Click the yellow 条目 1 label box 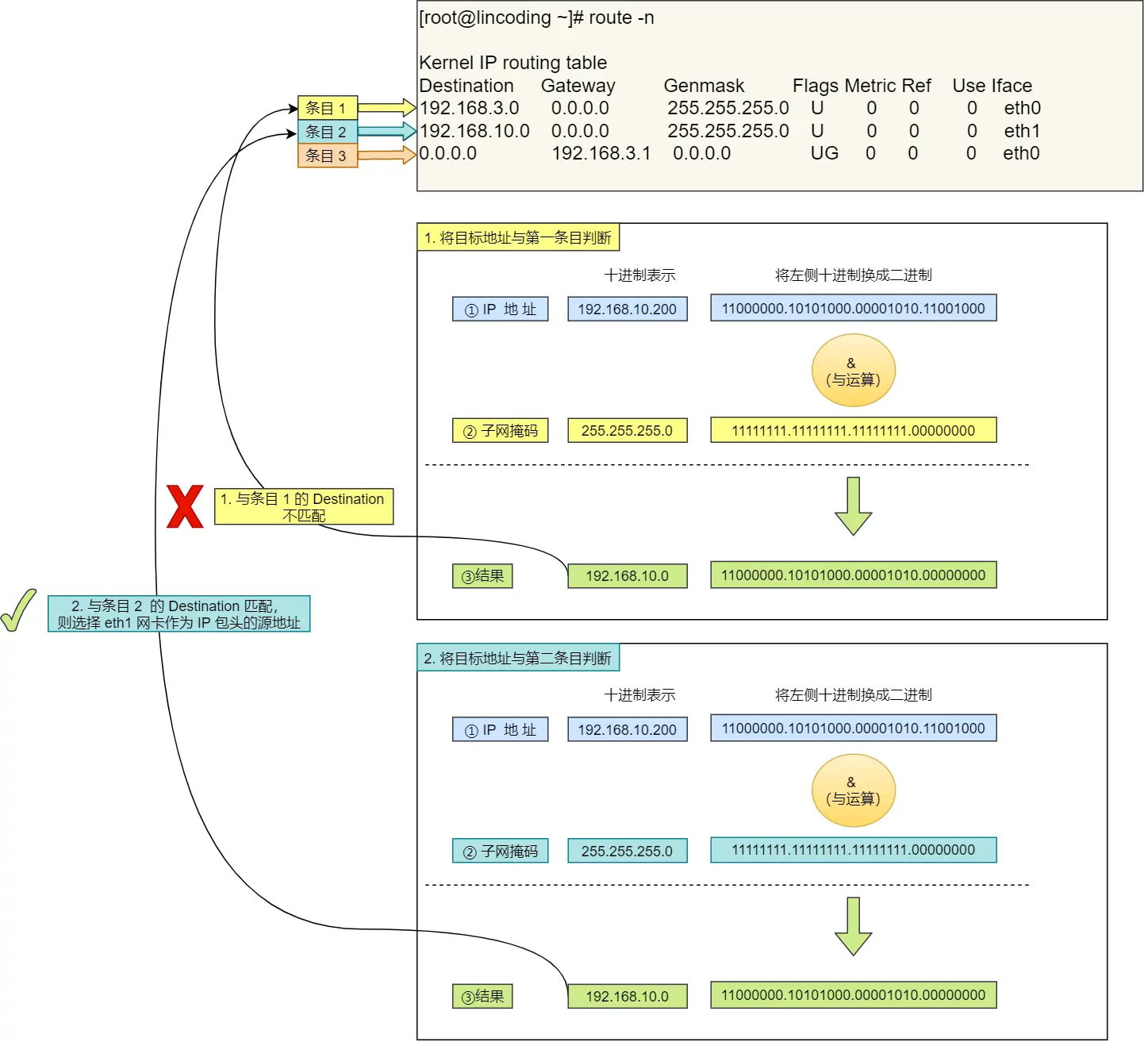click(x=327, y=108)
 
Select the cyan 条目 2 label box click(x=327, y=132)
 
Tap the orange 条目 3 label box click(x=327, y=156)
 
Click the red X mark click(x=185, y=507)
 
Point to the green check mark click(x=18, y=610)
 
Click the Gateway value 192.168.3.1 click(x=601, y=153)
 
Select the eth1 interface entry click(x=1022, y=131)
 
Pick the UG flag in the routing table click(x=824, y=153)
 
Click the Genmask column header click(x=704, y=86)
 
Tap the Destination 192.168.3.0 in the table click(x=469, y=108)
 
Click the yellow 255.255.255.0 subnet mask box click(x=627, y=431)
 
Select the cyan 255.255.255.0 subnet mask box click(x=627, y=851)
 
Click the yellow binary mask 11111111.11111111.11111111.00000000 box click(x=853, y=431)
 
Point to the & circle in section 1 click(x=853, y=371)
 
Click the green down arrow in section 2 click(x=853, y=926)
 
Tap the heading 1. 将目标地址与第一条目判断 click(x=517, y=237)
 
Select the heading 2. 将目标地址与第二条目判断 click(x=517, y=658)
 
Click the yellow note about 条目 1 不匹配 click(x=304, y=506)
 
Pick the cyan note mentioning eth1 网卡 click(x=179, y=614)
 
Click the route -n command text click(x=621, y=17)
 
